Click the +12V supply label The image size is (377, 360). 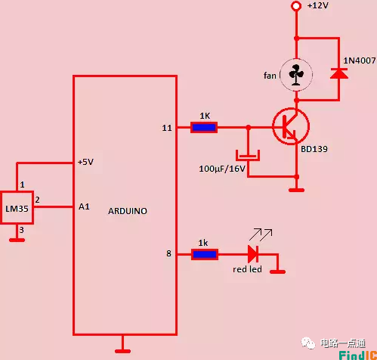(x=319, y=6)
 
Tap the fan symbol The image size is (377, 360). (x=295, y=74)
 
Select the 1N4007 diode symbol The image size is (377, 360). (x=338, y=74)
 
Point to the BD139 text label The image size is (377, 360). (x=314, y=150)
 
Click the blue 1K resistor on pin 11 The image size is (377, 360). (x=204, y=127)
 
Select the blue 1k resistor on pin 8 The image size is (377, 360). (x=204, y=254)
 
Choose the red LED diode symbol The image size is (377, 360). (x=253, y=254)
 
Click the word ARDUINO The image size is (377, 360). (x=128, y=212)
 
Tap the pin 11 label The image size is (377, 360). (x=167, y=128)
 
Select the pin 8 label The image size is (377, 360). (x=169, y=254)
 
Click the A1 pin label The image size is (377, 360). (x=84, y=205)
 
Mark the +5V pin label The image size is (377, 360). (x=86, y=162)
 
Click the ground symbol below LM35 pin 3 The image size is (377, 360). (x=17, y=239)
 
